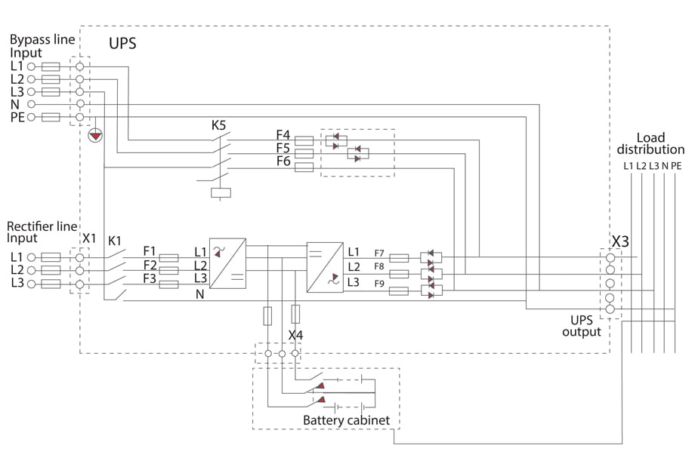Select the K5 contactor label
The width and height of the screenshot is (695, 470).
click(x=218, y=124)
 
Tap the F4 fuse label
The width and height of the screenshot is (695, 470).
click(x=283, y=136)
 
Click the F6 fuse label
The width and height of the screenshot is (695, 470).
click(x=283, y=161)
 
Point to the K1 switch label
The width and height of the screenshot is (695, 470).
click(x=115, y=240)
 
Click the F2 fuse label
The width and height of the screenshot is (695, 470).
click(x=150, y=266)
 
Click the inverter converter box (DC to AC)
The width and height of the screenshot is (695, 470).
click(x=325, y=267)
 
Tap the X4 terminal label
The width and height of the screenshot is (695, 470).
click(x=296, y=334)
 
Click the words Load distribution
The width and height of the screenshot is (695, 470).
click(x=650, y=143)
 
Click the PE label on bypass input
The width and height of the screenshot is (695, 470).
click(x=17, y=116)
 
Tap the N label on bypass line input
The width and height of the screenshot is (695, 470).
click(x=15, y=103)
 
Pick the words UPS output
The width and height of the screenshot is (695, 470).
click(x=582, y=326)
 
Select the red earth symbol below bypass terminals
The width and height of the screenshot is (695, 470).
click(x=95, y=136)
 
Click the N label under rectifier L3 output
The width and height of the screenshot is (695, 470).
click(x=200, y=294)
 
